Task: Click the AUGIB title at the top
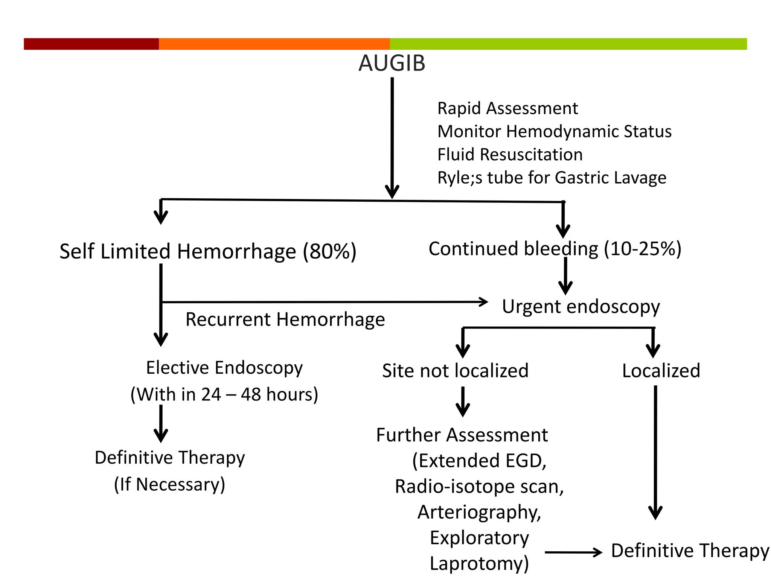point(392,63)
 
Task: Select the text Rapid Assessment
point(507,109)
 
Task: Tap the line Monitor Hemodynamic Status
point(554,132)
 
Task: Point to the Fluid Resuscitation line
point(510,155)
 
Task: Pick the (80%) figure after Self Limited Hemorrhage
point(329,251)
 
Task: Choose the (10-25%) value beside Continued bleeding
point(643,249)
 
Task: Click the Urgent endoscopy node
point(581,307)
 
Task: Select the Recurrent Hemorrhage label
point(285,319)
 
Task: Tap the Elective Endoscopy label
point(224,368)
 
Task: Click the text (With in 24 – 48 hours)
point(224,395)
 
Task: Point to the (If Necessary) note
point(169,484)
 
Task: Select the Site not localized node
point(455,371)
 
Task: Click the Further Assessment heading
point(462,435)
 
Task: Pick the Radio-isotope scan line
point(479,487)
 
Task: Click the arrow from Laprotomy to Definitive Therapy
point(573,552)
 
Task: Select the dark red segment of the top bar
point(91,44)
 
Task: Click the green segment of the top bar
point(568,44)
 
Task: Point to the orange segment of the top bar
point(274,44)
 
